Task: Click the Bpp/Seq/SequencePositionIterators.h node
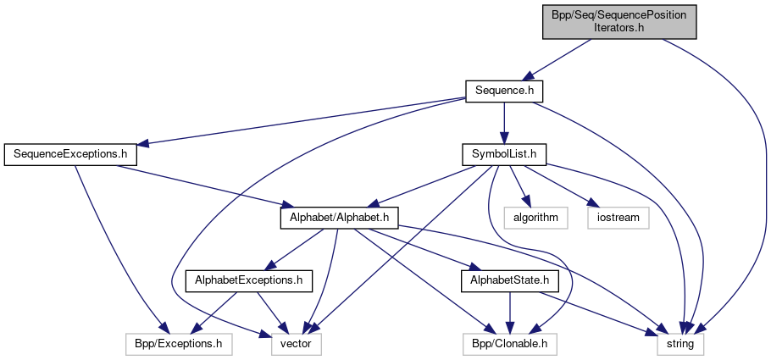619,20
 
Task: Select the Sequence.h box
504,89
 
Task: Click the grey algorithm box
535,218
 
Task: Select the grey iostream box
619,218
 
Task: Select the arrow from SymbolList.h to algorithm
519,185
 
